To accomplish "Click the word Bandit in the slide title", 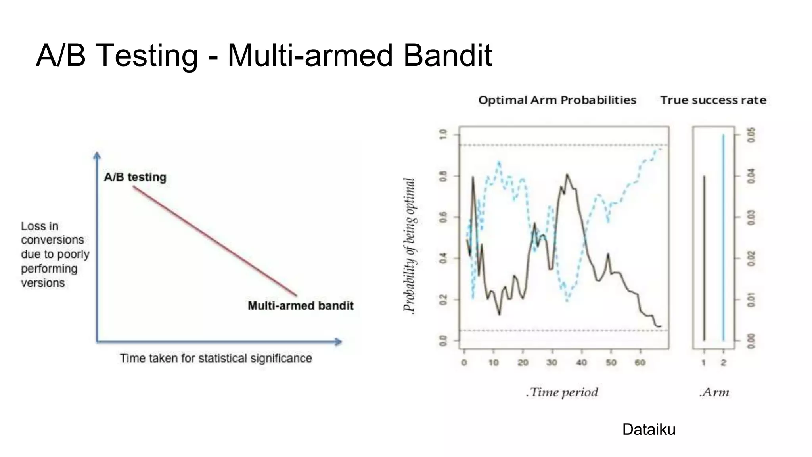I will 448,55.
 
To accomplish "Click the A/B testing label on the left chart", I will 135,177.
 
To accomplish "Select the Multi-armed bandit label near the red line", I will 301,306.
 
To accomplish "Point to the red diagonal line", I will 214,241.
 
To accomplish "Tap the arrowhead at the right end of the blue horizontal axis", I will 338,342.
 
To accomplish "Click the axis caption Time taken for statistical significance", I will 216,358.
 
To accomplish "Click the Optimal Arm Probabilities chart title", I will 557,100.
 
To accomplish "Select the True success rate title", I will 713,100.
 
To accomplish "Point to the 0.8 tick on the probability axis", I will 443,176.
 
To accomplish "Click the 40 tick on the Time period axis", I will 581,362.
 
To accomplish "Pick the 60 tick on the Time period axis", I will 640,362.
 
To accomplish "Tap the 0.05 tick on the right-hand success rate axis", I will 751,135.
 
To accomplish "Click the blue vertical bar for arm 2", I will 723,238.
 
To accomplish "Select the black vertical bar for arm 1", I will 704,258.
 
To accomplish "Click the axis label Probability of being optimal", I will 409,246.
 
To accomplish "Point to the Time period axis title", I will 562,392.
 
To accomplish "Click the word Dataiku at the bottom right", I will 649,429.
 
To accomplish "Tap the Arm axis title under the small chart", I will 714,392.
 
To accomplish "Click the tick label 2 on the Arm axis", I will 723,362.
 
